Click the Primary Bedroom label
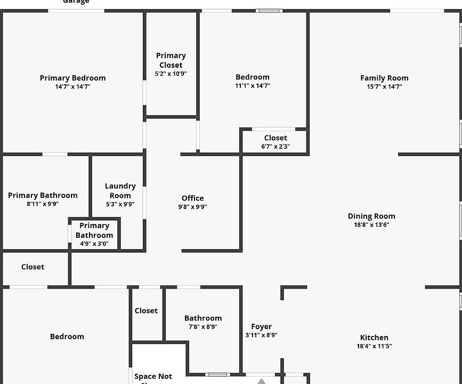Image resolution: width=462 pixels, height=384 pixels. [72, 78]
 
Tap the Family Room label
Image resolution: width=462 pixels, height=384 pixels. [384, 78]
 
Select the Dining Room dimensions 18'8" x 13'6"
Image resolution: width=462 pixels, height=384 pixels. [371, 225]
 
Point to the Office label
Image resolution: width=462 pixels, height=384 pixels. [192, 198]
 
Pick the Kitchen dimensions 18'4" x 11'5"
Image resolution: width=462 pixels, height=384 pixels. [374, 346]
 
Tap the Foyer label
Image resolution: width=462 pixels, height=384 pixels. [261, 326]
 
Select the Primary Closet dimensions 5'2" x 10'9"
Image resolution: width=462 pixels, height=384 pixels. [171, 74]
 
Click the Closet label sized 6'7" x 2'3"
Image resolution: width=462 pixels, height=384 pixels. [275, 138]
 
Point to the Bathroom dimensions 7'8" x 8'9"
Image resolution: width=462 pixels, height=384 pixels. [203, 327]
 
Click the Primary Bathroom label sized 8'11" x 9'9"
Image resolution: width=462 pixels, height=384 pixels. [43, 195]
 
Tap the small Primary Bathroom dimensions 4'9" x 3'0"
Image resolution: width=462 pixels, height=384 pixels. [94, 244]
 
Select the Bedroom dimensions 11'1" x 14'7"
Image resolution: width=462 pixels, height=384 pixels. [253, 86]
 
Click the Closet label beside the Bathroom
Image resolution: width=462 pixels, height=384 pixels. [146, 310]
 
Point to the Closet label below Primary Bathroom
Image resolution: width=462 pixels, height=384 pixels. [33, 267]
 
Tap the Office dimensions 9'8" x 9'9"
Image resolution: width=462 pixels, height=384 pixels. [192, 207]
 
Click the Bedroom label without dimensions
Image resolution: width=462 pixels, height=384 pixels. [67, 337]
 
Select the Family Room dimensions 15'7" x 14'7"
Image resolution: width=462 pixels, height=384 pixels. [384, 86]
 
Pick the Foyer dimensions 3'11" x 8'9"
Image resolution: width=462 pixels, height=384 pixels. [261, 335]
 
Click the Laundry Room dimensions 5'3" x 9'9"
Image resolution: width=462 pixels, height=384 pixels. [120, 204]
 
